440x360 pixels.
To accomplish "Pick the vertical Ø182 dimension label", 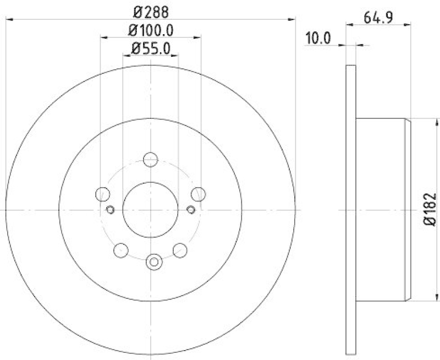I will [x=431, y=210].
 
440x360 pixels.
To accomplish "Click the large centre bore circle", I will [x=150, y=210].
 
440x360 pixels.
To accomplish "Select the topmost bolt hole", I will [x=150, y=160].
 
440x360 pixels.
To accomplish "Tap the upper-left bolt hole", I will [x=102, y=194].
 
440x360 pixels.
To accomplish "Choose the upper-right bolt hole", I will [x=198, y=194].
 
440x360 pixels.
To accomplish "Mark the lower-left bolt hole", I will [x=120, y=250].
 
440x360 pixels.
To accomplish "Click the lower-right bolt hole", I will [x=180, y=250].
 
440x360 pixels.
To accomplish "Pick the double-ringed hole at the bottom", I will [x=154, y=262].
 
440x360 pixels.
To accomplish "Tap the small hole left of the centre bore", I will [x=109, y=210].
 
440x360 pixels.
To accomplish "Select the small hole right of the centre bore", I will [x=191, y=210].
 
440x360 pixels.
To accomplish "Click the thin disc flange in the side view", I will [x=351, y=210].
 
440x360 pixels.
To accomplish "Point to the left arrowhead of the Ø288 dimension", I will [x=9, y=19].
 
